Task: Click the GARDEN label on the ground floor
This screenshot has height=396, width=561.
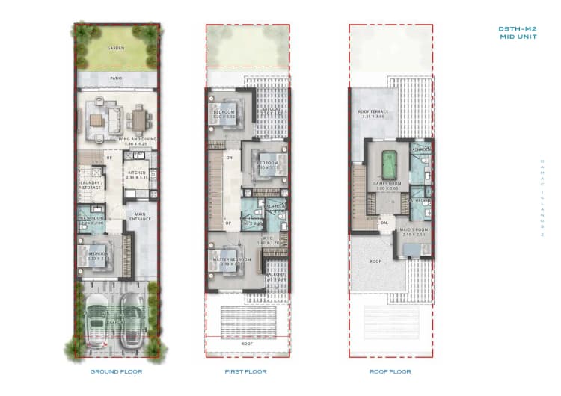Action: pyautogui.click(x=116, y=48)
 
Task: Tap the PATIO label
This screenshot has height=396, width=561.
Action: pyautogui.click(x=115, y=77)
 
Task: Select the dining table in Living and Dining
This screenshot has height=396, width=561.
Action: pyautogui.click(x=139, y=118)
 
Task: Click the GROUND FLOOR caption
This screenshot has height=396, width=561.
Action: pyautogui.click(x=116, y=371)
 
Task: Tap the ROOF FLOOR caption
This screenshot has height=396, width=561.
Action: pyautogui.click(x=390, y=371)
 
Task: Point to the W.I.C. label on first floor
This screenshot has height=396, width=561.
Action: pyautogui.click(x=267, y=238)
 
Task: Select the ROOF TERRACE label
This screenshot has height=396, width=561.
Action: pyautogui.click(x=370, y=112)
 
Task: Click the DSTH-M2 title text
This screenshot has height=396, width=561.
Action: pyautogui.click(x=515, y=28)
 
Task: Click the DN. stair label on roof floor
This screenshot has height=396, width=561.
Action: pyautogui.click(x=384, y=223)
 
